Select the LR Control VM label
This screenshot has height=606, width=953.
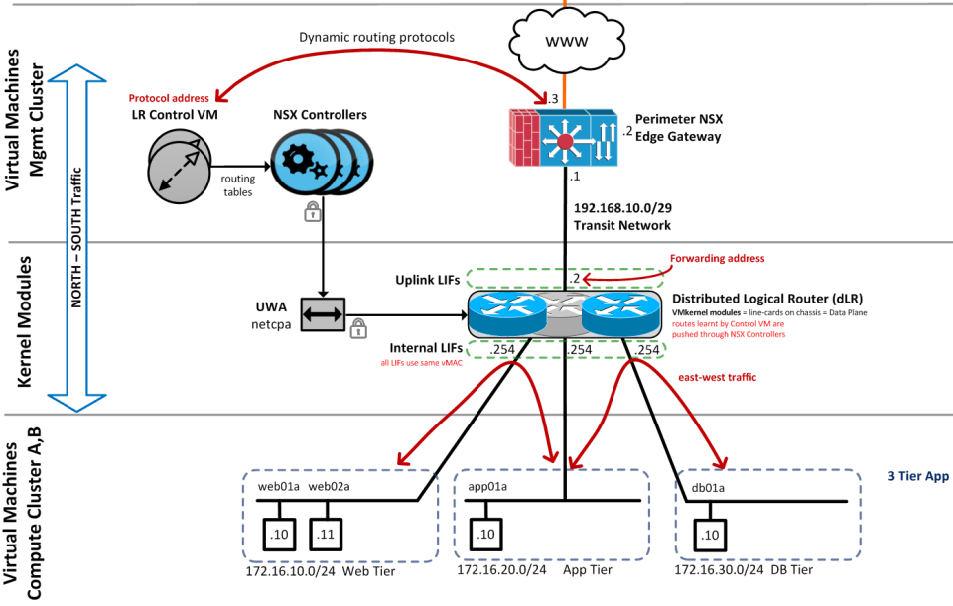pyautogui.click(x=176, y=115)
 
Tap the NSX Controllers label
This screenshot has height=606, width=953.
pyautogui.click(x=320, y=115)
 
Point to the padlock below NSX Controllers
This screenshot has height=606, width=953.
pyautogui.click(x=313, y=210)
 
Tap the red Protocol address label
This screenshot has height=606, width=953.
pyautogui.click(x=170, y=98)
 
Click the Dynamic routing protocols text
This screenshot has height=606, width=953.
pyautogui.click(x=376, y=37)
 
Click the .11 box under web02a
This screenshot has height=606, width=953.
pyautogui.click(x=325, y=535)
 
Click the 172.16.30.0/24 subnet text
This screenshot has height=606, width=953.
pyautogui.click(x=719, y=570)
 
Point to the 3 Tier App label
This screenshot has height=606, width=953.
pyautogui.click(x=918, y=476)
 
